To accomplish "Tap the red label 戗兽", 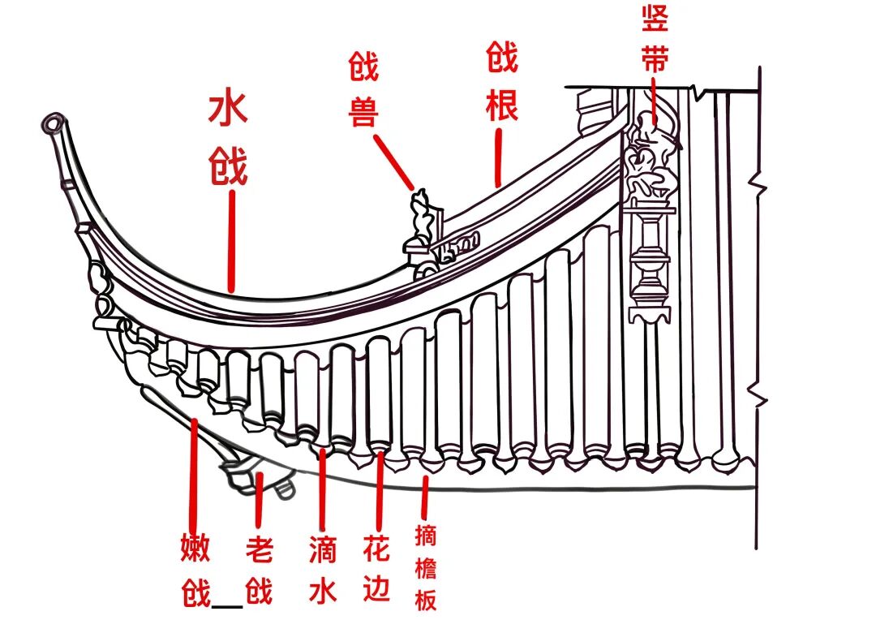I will click(x=364, y=90).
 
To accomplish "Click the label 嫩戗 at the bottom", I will click(x=195, y=572).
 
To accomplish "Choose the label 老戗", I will click(x=259, y=572).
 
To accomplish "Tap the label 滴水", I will click(x=322, y=572).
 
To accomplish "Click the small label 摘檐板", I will click(x=426, y=568).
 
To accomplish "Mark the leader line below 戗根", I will click(x=498, y=154).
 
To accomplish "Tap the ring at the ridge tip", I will click(x=53, y=123).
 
